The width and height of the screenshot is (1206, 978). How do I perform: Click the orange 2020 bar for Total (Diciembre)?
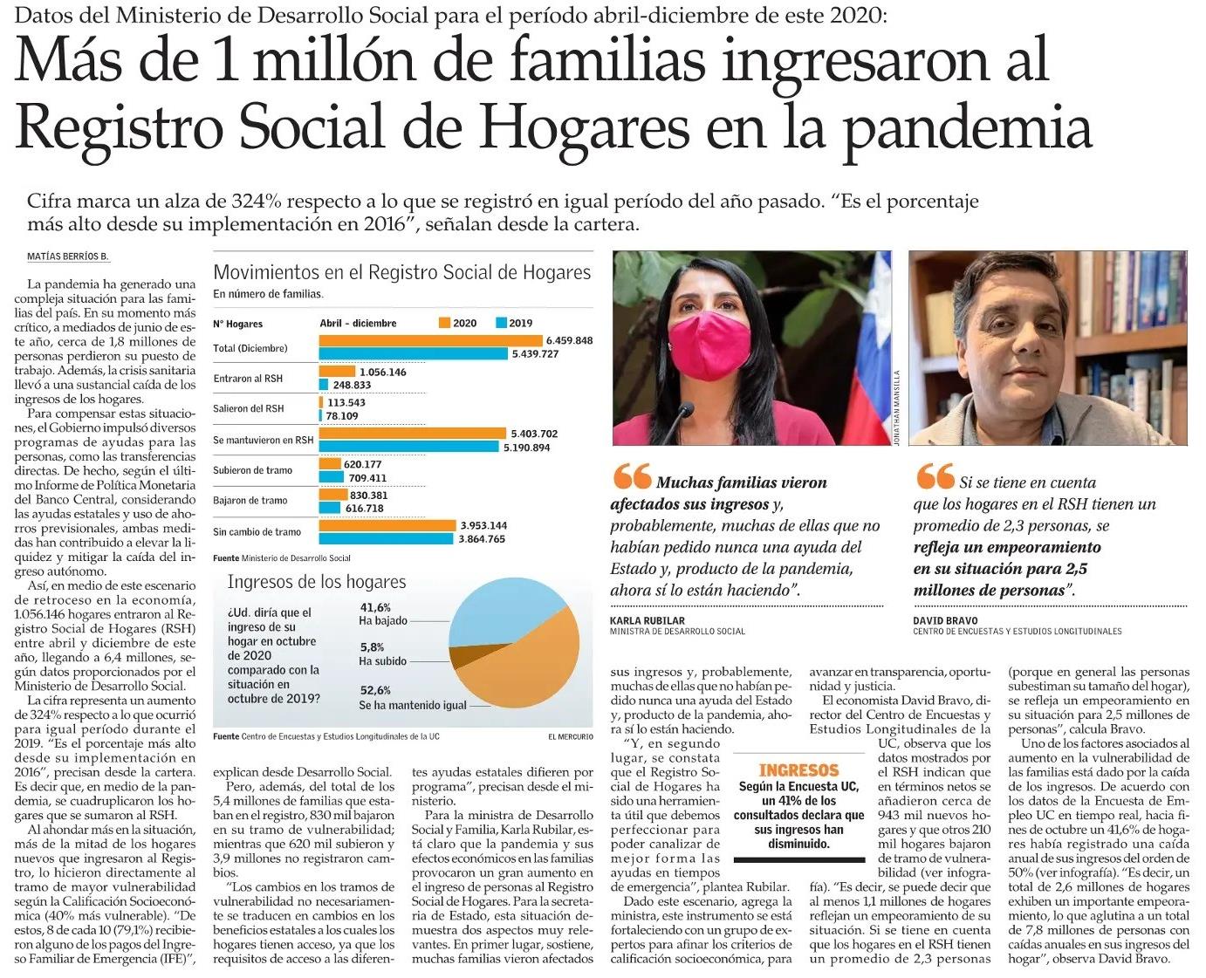point(431,340)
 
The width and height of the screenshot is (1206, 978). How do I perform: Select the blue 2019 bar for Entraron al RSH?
point(324,385)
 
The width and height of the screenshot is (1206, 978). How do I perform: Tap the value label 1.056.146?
point(383,372)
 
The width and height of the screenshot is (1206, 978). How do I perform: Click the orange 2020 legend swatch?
point(444,323)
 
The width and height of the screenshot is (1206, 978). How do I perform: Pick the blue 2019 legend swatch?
point(501,323)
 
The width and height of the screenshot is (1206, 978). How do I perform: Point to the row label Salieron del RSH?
point(249,408)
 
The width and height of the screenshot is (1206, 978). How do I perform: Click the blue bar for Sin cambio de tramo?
point(387,539)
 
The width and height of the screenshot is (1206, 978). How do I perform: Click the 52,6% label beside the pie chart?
point(375,690)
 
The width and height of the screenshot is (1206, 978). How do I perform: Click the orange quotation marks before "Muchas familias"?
point(632,477)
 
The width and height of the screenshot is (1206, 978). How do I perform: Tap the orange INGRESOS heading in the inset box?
point(798,770)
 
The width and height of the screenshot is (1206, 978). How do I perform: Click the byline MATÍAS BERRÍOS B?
point(67,256)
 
